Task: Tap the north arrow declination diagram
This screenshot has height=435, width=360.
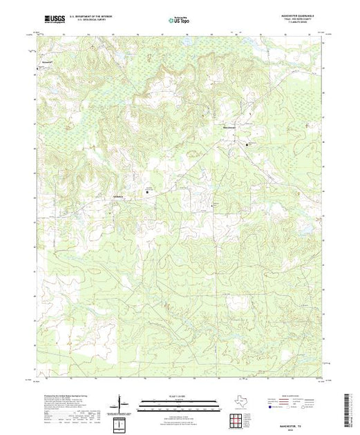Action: [122, 405]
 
